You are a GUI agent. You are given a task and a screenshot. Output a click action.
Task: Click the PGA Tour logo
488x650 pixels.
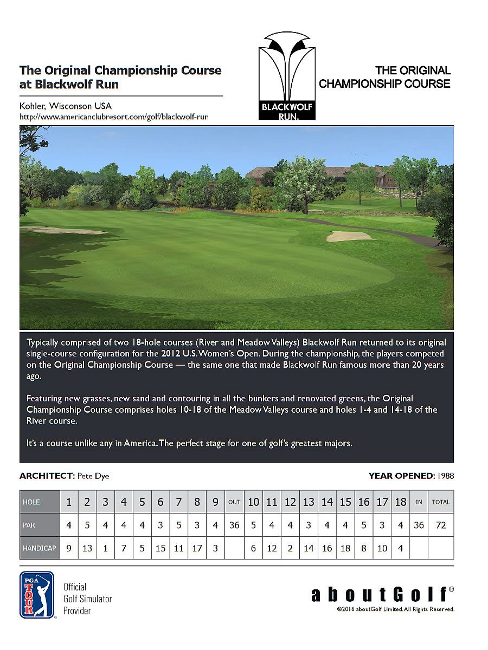(x=37, y=595)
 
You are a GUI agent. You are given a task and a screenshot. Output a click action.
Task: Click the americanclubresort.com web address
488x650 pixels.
(x=114, y=116)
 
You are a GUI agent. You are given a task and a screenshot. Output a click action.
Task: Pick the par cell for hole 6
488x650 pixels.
(x=160, y=525)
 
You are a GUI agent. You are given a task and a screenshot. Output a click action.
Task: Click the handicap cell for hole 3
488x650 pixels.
(x=105, y=548)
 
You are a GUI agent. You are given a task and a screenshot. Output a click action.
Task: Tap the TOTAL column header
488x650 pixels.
(x=441, y=502)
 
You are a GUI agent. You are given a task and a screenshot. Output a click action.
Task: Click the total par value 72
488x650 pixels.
(x=441, y=525)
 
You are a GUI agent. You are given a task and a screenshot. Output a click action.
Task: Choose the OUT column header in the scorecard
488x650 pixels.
(x=234, y=502)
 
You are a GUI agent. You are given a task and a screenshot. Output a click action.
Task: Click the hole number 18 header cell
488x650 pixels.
(x=400, y=502)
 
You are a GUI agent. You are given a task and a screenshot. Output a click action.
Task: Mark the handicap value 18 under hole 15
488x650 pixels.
(x=345, y=548)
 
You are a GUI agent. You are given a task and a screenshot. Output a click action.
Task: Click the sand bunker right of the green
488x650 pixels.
(x=350, y=236)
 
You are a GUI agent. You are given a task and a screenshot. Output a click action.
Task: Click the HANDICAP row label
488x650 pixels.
(x=39, y=548)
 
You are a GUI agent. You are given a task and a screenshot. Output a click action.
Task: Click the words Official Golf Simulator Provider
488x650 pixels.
(x=87, y=599)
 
